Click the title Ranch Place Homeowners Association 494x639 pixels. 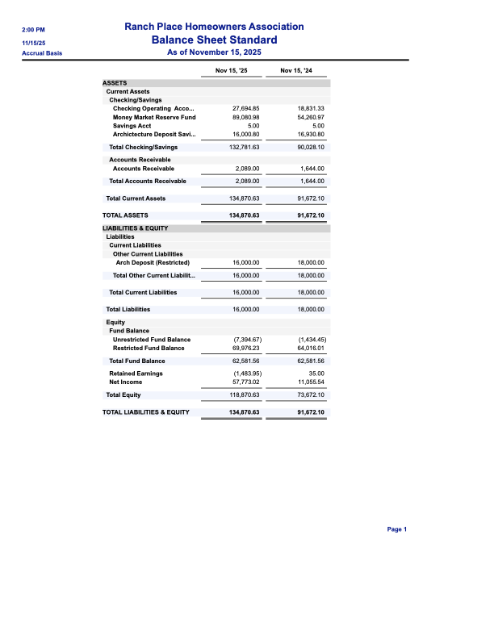coord(214,27)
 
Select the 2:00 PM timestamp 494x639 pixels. coord(33,30)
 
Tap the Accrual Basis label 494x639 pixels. coord(42,53)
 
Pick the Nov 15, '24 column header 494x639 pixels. coord(296,71)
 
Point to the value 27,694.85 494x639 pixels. coord(245,108)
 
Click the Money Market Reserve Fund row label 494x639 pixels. coord(154,117)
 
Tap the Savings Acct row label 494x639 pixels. coord(132,126)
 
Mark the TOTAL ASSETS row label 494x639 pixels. coord(125,216)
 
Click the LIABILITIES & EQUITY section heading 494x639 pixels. coord(135,229)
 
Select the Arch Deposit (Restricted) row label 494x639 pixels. coord(153,262)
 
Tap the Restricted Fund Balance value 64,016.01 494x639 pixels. coord(311,348)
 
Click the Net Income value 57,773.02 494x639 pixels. coord(245,382)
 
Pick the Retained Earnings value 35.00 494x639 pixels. coord(316,374)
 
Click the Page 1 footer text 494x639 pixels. coord(397,529)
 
